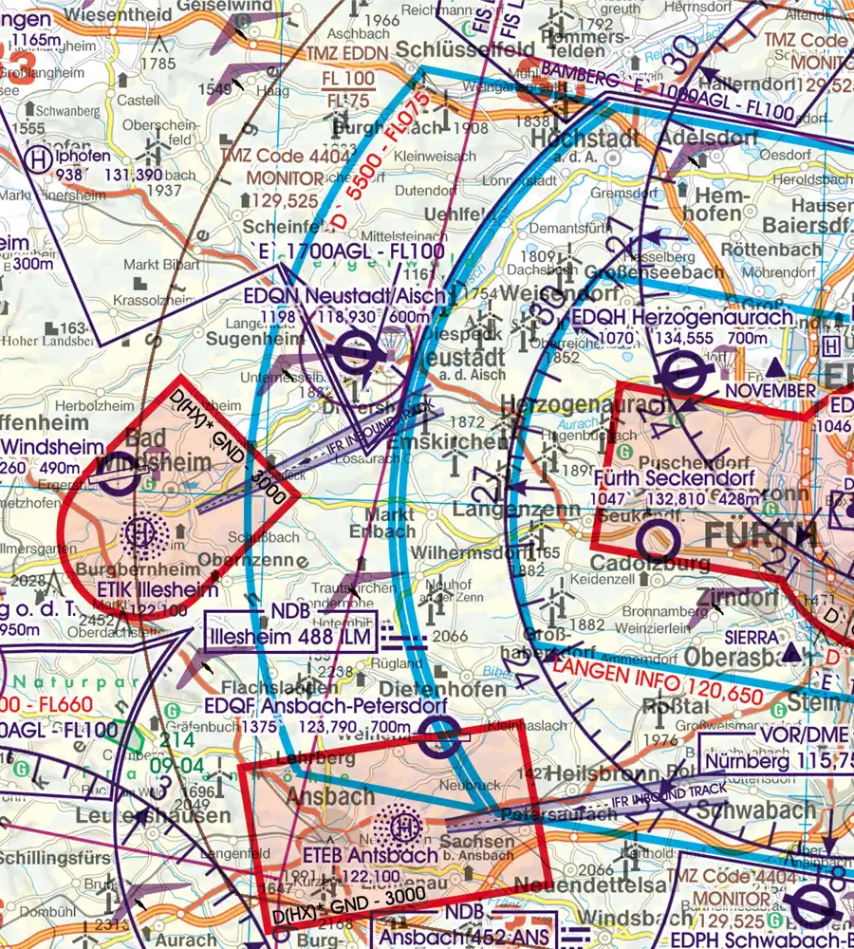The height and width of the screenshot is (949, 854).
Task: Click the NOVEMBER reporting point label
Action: [770, 390]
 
